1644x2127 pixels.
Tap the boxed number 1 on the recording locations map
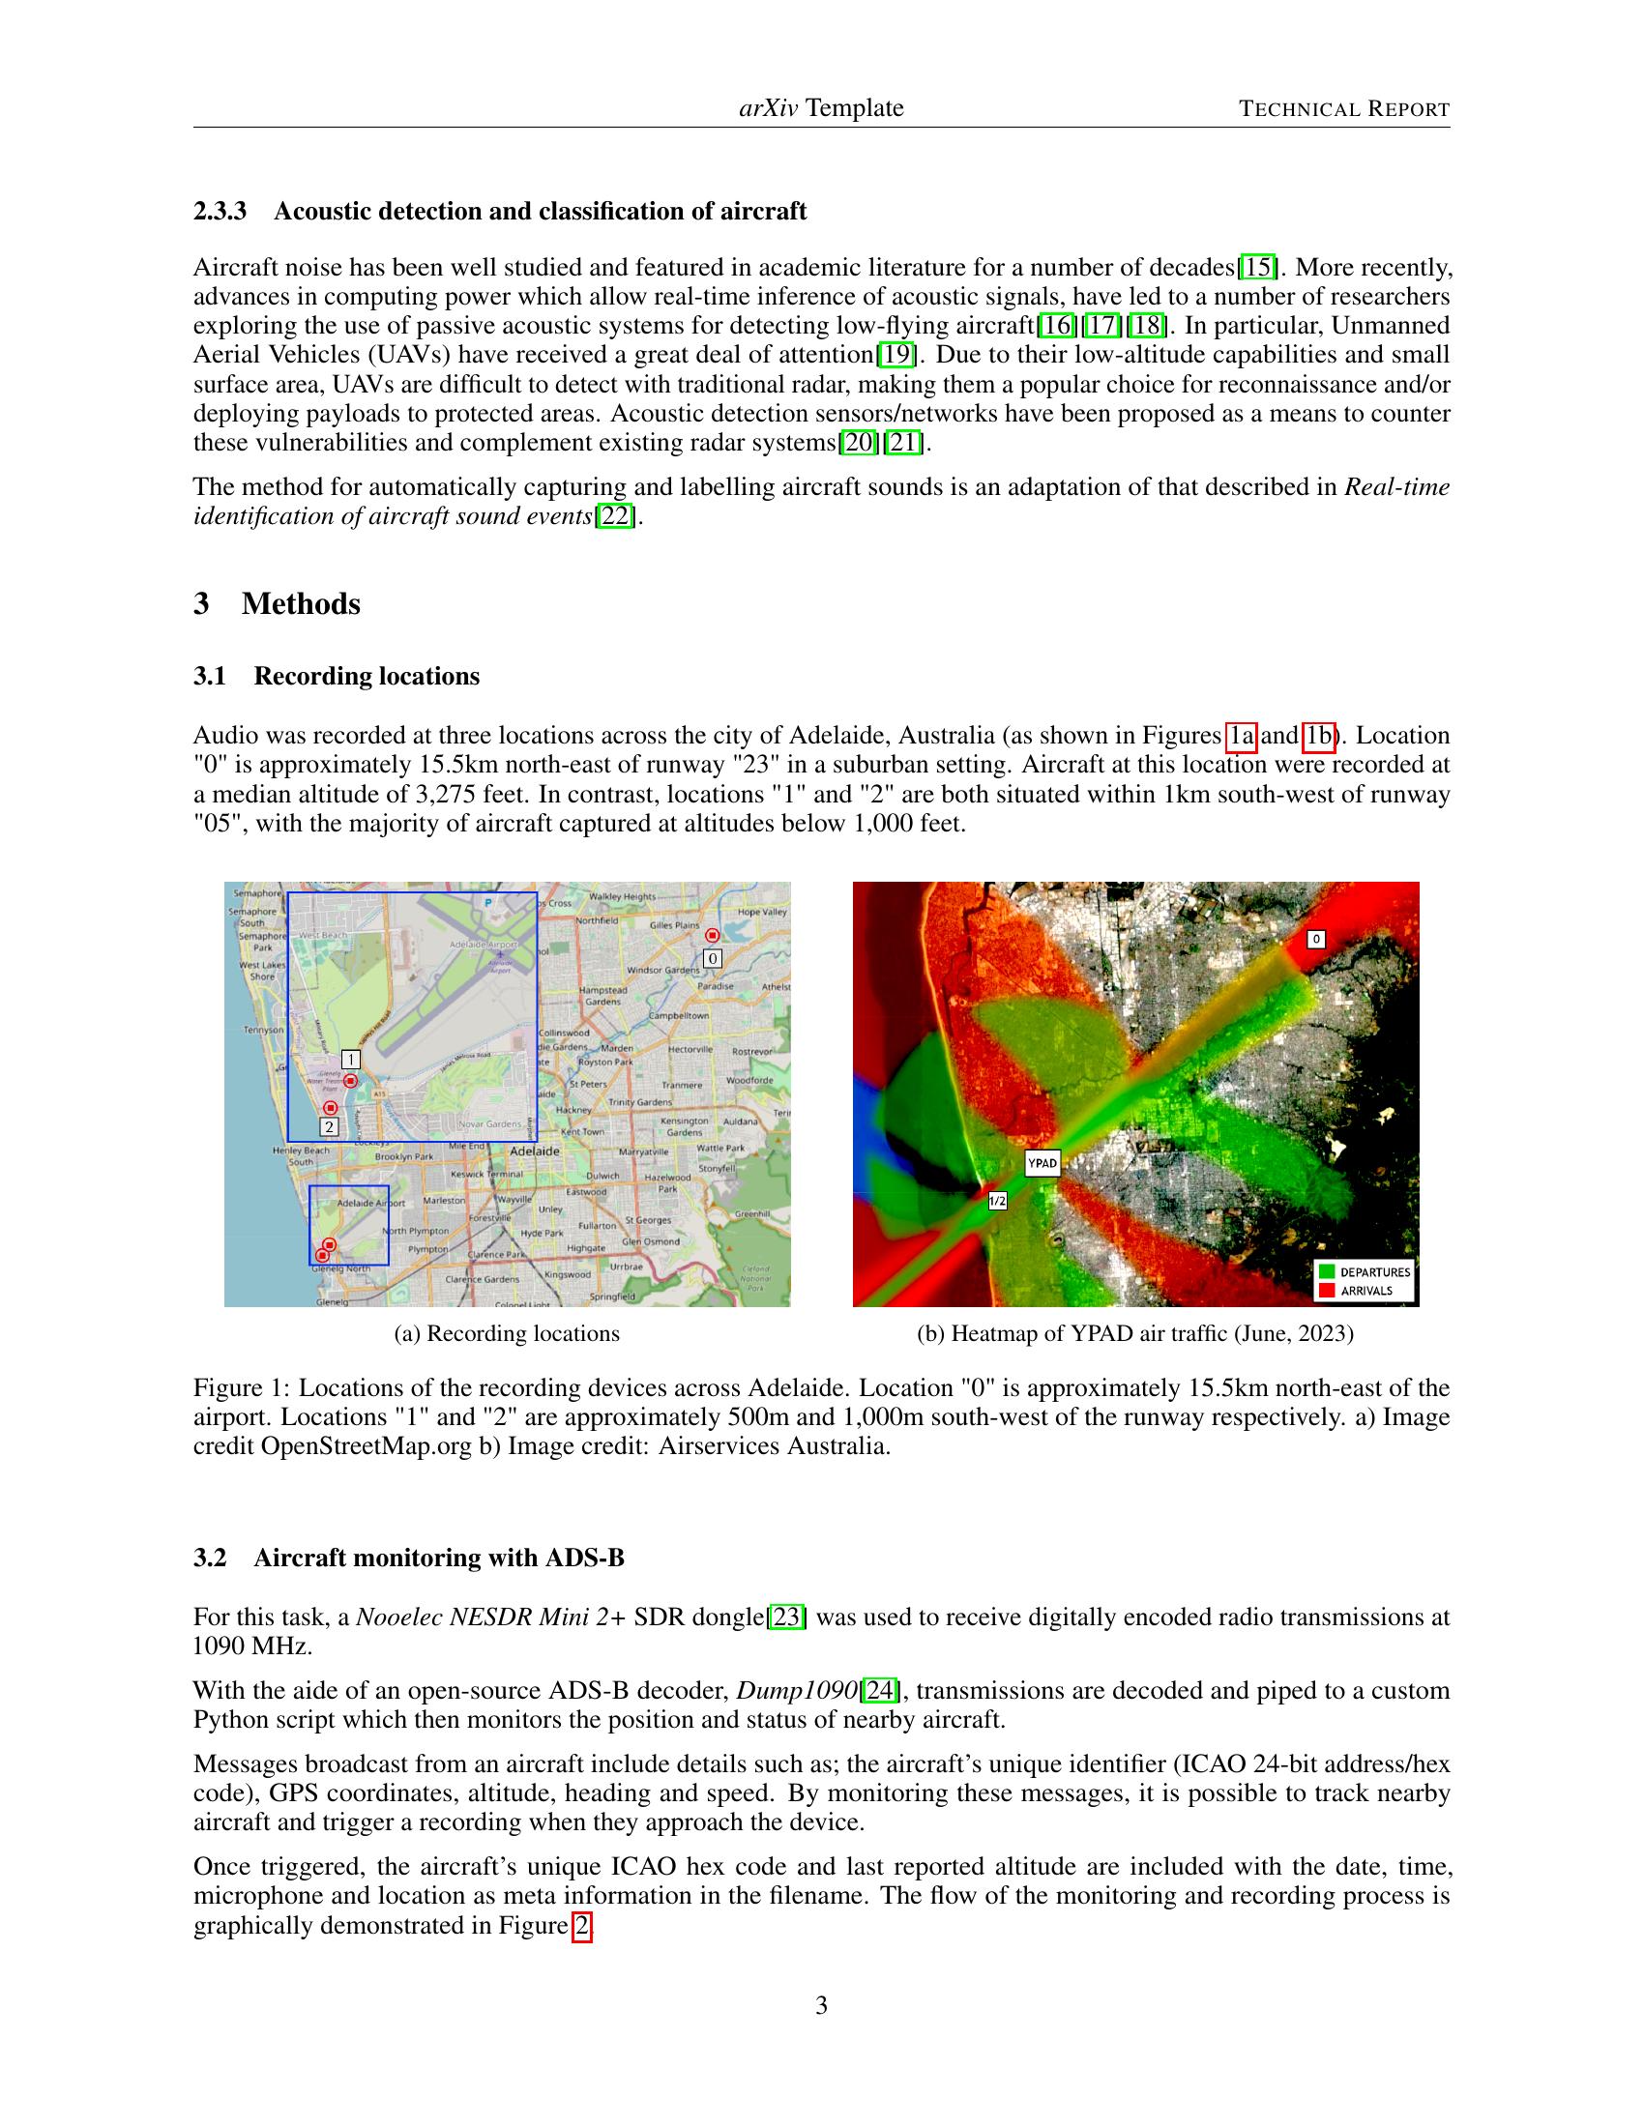click(351, 1060)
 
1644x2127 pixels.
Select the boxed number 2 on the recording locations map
click(329, 1126)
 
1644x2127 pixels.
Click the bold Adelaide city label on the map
click(535, 1151)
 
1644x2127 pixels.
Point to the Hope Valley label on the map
click(762, 912)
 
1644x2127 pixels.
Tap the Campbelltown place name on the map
click(679, 1015)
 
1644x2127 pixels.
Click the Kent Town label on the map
click(582, 1132)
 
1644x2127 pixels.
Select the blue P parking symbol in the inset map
click(489, 903)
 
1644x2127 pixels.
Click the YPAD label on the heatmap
click(1042, 1163)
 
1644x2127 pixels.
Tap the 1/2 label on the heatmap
click(997, 1201)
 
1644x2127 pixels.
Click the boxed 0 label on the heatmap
click(1316, 939)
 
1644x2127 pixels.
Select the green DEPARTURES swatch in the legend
click(1327, 1271)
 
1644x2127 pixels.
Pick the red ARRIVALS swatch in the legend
click(1327, 1291)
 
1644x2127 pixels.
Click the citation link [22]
click(615, 515)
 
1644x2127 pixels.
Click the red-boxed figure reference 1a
click(1241, 736)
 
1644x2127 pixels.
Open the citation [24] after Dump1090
click(879, 1690)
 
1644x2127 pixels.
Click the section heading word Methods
click(301, 604)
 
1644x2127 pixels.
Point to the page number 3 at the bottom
click(821, 2005)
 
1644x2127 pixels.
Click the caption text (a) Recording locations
click(507, 1333)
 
